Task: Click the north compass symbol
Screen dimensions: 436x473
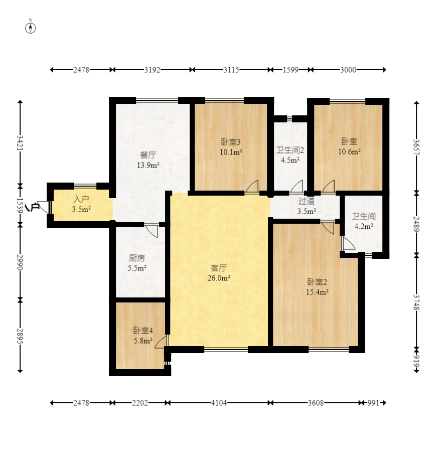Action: pos(30,28)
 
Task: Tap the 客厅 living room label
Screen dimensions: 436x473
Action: pos(219,268)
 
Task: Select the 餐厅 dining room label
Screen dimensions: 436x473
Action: pos(148,155)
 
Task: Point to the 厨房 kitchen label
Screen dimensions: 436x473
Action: pos(137,258)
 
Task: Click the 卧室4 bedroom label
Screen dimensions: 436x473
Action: pos(143,331)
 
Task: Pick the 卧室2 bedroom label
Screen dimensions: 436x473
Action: pos(317,282)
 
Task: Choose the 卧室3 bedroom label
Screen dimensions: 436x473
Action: pos(231,142)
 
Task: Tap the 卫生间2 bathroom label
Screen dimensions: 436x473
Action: pos(290,150)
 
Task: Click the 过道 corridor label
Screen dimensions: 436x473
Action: pos(307,201)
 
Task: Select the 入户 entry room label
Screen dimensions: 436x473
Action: pos(81,200)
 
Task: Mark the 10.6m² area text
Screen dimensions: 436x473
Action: pos(349,152)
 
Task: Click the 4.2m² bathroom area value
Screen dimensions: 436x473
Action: pos(364,226)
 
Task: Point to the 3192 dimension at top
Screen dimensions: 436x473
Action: pos(152,70)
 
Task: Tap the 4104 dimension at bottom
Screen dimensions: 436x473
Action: pos(219,403)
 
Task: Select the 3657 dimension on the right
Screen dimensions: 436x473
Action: pos(416,147)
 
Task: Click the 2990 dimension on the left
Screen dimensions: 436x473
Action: pos(20,262)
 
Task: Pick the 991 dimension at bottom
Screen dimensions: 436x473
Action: pos(373,403)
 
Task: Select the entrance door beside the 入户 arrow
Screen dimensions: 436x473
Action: pos(44,207)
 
